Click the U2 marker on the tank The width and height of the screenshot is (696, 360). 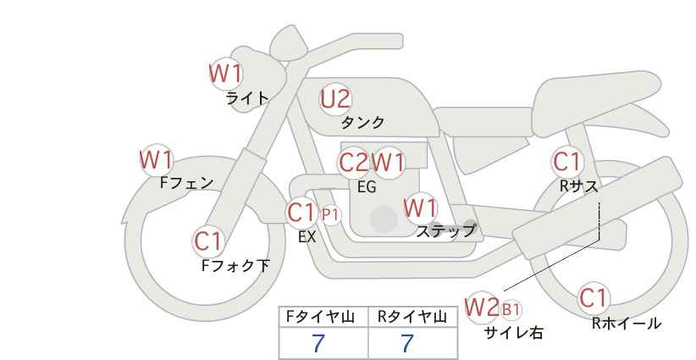(x=335, y=99)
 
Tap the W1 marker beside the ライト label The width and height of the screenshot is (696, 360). (x=226, y=74)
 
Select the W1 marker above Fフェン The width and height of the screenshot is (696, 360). (x=157, y=160)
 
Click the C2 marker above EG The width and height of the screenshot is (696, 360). (x=354, y=163)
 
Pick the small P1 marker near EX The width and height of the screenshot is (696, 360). (x=330, y=215)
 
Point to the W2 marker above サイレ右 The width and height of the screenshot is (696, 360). (x=482, y=307)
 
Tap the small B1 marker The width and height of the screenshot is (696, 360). (x=511, y=309)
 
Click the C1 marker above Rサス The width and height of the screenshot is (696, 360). (x=566, y=162)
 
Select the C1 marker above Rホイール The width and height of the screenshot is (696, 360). (x=594, y=298)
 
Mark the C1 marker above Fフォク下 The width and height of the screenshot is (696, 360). (x=208, y=242)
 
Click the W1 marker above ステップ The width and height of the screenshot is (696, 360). (x=420, y=208)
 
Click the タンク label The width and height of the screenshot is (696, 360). (x=362, y=123)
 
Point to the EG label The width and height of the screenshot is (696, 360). (x=367, y=187)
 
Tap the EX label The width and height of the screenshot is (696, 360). (x=307, y=237)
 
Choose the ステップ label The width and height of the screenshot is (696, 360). (x=445, y=231)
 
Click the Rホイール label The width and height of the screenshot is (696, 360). (x=627, y=324)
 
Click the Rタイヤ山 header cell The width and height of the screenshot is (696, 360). (x=413, y=317)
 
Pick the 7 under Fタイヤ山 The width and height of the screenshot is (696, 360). (x=318, y=344)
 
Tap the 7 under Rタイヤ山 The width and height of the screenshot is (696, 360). (x=407, y=344)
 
